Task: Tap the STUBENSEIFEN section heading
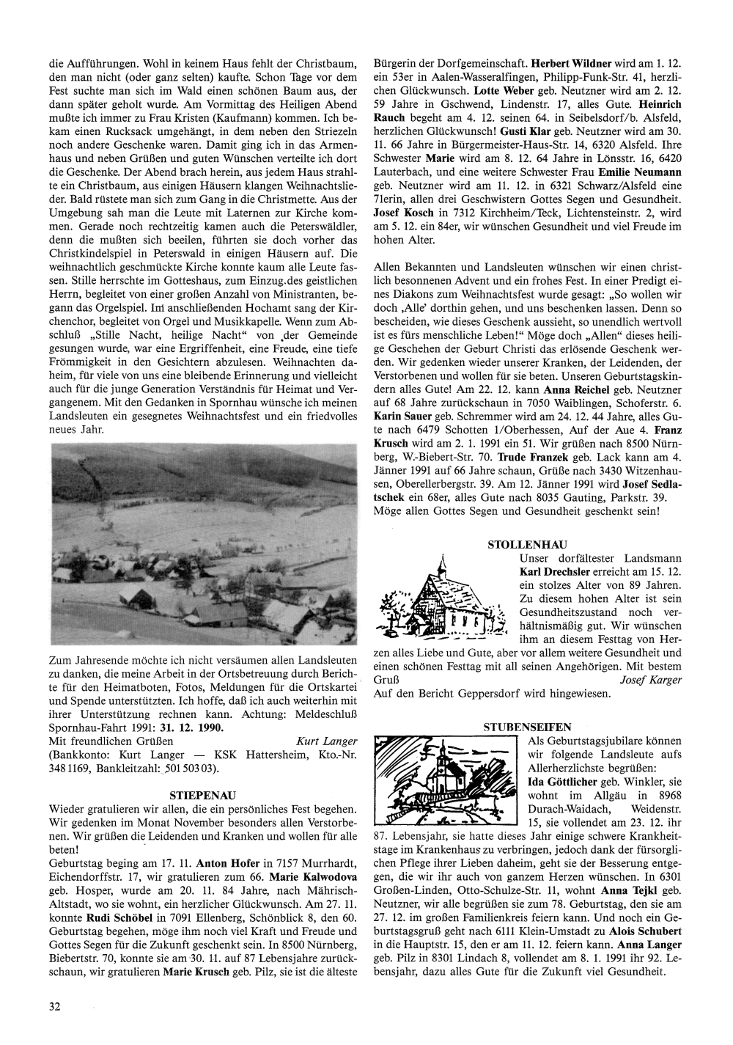coord(527,727)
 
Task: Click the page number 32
coord(54,1006)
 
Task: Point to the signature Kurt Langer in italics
coord(326,741)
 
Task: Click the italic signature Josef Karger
coord(651,679)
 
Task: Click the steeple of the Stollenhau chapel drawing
coord(441,565)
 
